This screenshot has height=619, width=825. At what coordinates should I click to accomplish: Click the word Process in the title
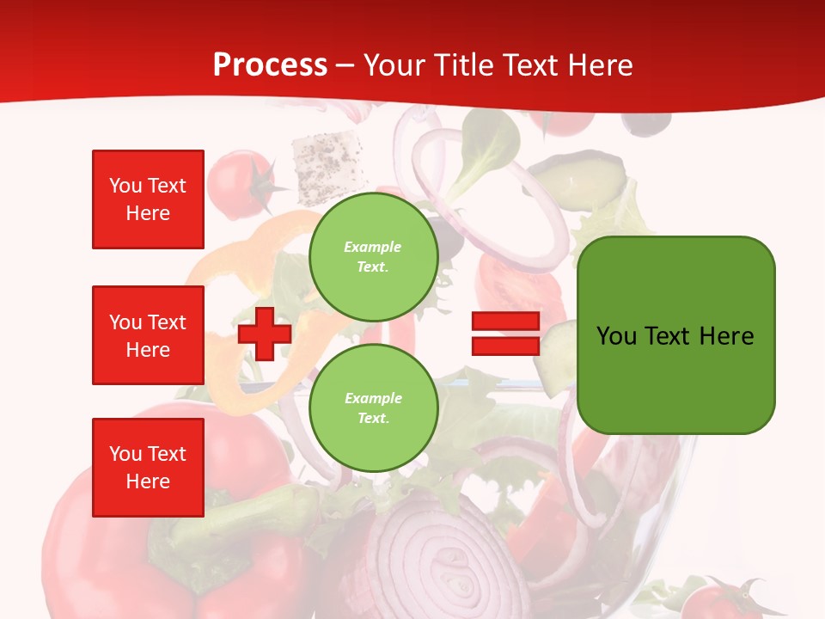(270, 65)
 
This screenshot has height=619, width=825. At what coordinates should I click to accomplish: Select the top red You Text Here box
(148, 199)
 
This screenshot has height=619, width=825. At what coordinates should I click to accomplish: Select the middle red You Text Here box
(148, 335)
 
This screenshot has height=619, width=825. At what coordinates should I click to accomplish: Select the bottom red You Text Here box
(148, 468)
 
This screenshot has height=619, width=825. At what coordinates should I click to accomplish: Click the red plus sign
(265, 334)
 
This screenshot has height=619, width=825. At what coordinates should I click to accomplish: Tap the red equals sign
(505, 334)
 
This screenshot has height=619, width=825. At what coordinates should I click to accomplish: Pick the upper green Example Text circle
(373, 257)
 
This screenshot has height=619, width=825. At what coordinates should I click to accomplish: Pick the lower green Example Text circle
(373, 408)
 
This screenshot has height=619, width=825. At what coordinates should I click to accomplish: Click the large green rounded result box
(675, 335)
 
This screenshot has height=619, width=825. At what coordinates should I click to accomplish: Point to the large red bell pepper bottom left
(103, 550)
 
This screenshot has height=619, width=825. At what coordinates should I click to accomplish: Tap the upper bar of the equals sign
(505, 322)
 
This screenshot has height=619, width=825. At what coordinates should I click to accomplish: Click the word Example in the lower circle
(373, 398)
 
